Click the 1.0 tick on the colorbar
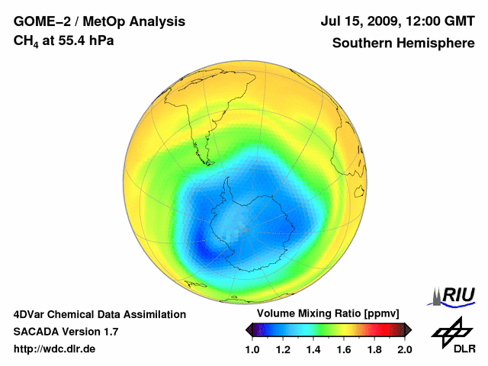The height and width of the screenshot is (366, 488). pyautogui.click(x=252, y=349)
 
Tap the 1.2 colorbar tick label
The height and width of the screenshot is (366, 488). pyautogui.click(x=283, y=349)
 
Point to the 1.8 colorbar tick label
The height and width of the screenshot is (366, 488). pyautogui.click(x=374, y=349)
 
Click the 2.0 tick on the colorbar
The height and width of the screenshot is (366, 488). pyautogui.click(x=404, y=349)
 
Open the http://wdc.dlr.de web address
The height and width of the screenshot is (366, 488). pyautogui.click(x=55, y=349)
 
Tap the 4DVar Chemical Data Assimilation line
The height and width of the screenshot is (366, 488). pyautogui.click(x=99, y=314)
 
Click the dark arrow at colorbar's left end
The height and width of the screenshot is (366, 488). pyautogui.click(x=249, y=329)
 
